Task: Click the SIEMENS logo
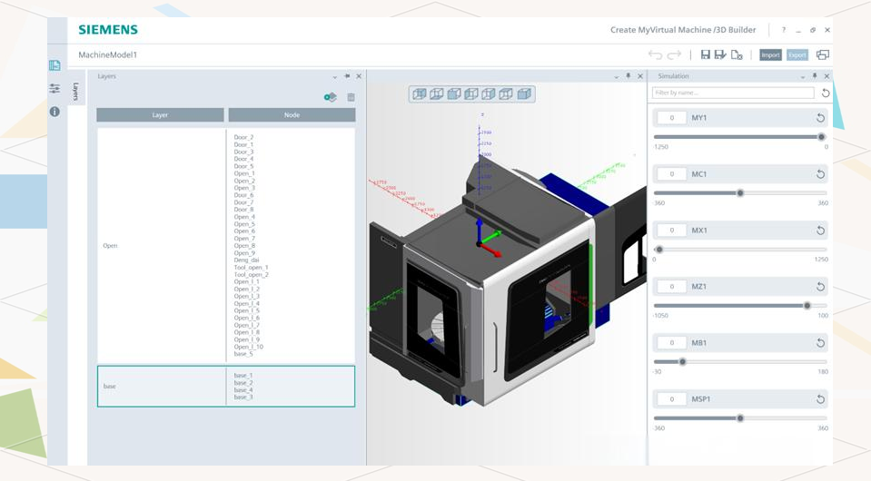pos(108,30)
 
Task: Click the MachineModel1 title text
pos(108,54)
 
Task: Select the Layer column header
pos(160,115)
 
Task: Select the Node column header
pos(292,115)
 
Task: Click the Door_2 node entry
pos(243,137)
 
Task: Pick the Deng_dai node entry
pos(246,260)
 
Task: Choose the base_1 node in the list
pos(243,375)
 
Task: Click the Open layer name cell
pos(110,246)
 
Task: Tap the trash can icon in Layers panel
pos(351,97)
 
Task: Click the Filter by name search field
pos(733,93)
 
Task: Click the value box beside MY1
pos(671,118)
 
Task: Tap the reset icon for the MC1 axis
pos(820,174)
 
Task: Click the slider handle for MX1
pos(659,250)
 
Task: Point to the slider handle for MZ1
pos(807,306)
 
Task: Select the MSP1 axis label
pos(700,399)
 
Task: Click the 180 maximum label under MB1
pos(823,371)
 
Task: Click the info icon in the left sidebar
pos(54,112)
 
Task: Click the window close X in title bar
pos(827,30)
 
